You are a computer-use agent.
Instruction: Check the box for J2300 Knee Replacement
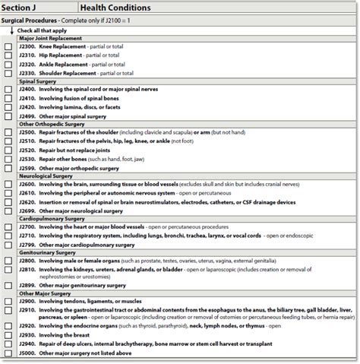coord(8,46)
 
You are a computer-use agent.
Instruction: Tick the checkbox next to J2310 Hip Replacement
coord(8,55)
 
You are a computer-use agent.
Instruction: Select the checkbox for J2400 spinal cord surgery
coord(8,90)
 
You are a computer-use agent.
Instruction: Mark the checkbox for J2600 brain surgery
coord(8,185)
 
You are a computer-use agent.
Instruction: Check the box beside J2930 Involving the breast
coord(8,336)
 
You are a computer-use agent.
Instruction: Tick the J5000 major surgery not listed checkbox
coord(8,353)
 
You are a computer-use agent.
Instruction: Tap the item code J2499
coord(27,116)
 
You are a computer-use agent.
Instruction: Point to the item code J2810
coord(27,271)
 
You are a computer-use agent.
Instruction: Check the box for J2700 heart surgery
coord(8,227)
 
